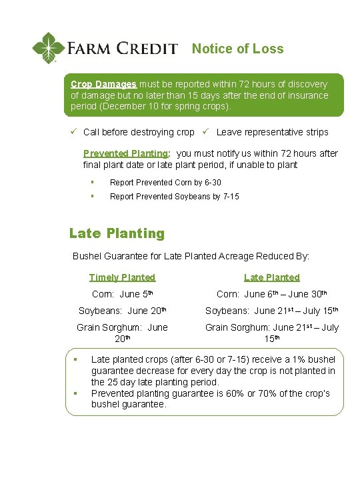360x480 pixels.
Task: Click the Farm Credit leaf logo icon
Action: point(49,48)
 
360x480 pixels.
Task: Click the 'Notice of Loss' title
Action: point(237,49)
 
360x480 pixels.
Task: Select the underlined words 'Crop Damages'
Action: point(103,85)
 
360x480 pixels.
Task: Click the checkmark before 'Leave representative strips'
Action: point(207,132)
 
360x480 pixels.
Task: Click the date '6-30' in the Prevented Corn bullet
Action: point(211,182)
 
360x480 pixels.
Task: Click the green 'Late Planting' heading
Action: point(117,233)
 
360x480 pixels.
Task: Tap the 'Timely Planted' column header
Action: point(122,277)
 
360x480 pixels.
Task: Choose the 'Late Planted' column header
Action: point(271,277)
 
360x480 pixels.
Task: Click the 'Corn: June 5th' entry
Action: point(122,294)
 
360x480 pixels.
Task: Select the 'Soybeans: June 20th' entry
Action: point(122,311)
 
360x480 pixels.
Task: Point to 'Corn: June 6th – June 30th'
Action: point(271,294)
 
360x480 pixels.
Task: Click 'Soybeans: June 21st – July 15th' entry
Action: point(271,311)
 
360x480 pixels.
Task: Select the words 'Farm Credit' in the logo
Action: point(122,49)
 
